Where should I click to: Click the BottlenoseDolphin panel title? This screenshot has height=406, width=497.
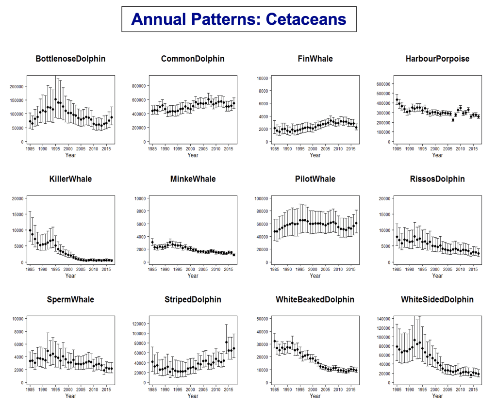point(70,59)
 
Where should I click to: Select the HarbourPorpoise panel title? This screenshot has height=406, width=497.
point(437,59)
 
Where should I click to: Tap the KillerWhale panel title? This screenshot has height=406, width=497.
point(70,179)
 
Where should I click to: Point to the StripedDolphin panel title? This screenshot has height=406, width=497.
point(193,299)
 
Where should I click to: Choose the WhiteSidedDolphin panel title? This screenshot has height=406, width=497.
point(437,299)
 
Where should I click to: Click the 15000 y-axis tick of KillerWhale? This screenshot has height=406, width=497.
point(17,214)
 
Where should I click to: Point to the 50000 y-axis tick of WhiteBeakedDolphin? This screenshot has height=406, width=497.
point(262,318)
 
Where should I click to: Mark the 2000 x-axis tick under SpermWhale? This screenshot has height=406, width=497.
point(68,389)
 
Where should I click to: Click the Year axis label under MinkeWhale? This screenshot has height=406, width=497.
point(193,276)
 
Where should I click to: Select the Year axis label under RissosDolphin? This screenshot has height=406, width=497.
point(437,276)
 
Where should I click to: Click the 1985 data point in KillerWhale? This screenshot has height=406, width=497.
point(30,230)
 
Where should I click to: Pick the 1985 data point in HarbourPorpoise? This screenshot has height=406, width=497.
point(397,100)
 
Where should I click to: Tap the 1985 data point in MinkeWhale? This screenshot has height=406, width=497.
point(152,242)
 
